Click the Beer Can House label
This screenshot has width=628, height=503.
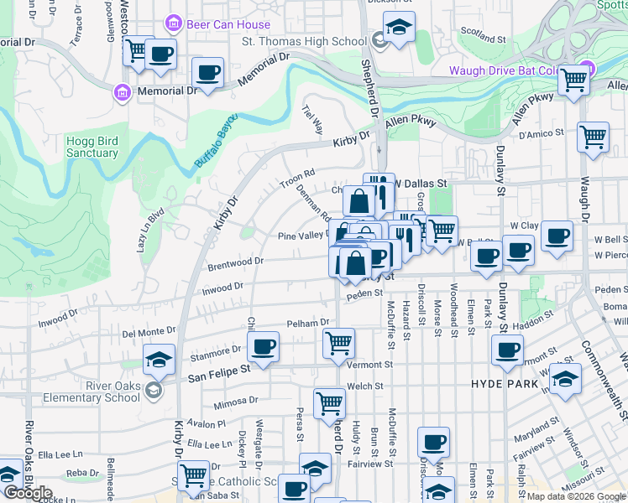coord(228,24)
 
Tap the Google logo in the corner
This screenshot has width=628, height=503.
coord(27,493)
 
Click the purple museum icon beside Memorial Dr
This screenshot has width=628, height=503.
coord(122,91)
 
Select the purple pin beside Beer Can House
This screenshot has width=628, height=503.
coord(175,24)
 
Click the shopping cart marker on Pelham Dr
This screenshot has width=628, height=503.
coord(338,341)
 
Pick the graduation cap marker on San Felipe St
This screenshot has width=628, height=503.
coord(160,359)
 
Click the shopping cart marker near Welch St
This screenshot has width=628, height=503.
coord(329,402)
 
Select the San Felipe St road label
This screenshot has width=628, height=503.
coord(218,368)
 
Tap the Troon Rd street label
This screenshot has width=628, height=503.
coord(297,179)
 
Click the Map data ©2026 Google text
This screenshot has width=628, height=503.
coord(574,496)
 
